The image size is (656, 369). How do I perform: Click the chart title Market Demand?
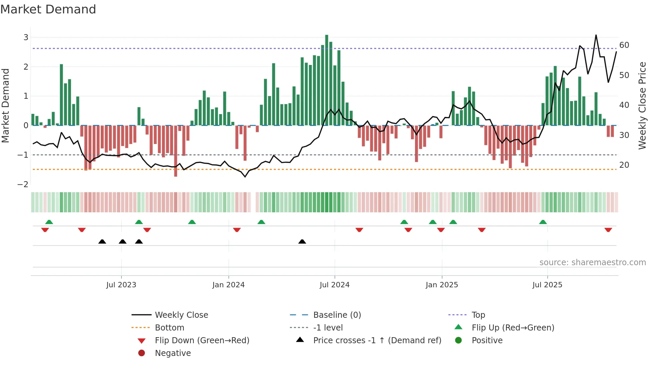pyautogui.click(x=48, y=9)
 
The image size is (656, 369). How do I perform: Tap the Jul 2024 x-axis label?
pyautogui.click(x=334, y=285)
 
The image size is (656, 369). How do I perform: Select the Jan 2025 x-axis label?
pyautogui.click(x=441, y=285)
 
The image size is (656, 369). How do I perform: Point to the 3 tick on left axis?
pyautogui.click(x=26, y=38)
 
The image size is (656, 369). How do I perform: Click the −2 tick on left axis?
pyautogui.click(x=23, y=184)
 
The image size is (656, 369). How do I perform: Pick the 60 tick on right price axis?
pyautogui.click(x=624, y=45)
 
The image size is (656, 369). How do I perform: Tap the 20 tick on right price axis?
pyautogui.click(x=624, y=165)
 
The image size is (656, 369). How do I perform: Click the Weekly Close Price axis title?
pyautogui.click(x=642, y=105)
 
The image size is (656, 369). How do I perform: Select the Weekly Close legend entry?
pyautogui.click(x=181, y=315)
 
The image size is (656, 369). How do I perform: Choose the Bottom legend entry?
pyautogui.click(x=169, y=328)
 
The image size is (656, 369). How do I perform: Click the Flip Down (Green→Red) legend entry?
pyautogui.click(x=202, y=341)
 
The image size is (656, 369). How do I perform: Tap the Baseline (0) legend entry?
pyautogui.click(x=337, y=315)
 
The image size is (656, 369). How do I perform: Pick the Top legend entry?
pyautogui.click(x=478, y=315)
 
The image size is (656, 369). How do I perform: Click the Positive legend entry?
pyautogui.click(x=487, y=341)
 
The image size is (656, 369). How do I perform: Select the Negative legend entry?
pyautogui.click(x=173, y=353)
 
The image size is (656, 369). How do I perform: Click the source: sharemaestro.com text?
pyautogui.click(x=592, y=263)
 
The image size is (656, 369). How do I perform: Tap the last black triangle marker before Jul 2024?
pyautogui.click(x=302, y=242)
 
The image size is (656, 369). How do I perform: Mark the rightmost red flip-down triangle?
pyautogui.click(x=608, y=230)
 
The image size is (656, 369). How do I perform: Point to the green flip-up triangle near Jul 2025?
pyautogui.click(x=543, y=222)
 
